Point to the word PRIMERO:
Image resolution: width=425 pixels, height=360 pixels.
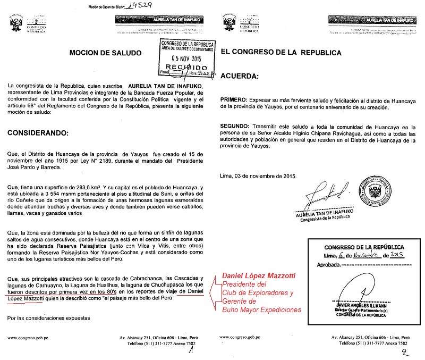tap(234, 100)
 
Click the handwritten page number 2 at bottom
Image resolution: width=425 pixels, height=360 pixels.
tap(405, 351)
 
